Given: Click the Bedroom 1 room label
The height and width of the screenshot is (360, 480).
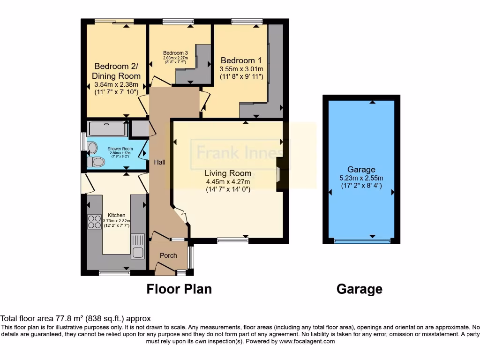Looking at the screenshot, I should [241, 60].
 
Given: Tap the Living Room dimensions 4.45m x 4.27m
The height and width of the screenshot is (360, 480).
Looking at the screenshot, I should [228, 182].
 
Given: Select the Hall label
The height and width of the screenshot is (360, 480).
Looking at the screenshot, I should [159, 162].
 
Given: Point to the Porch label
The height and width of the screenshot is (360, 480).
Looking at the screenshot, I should [168, 255].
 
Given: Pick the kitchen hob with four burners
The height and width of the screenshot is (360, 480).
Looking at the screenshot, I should [94, 221].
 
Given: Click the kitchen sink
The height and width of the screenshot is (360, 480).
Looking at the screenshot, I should [137, 246].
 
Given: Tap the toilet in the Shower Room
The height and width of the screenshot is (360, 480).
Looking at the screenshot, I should [97, 162].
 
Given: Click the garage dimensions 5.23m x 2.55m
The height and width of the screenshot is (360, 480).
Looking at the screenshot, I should [361, 178].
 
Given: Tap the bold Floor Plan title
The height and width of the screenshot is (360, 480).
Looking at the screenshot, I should [179, 289].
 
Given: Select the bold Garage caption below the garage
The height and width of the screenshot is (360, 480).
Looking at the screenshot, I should [359, 289].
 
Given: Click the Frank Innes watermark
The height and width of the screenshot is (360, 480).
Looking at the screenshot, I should [239, 153].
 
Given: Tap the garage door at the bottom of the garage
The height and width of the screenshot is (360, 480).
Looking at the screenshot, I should [361, 241].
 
